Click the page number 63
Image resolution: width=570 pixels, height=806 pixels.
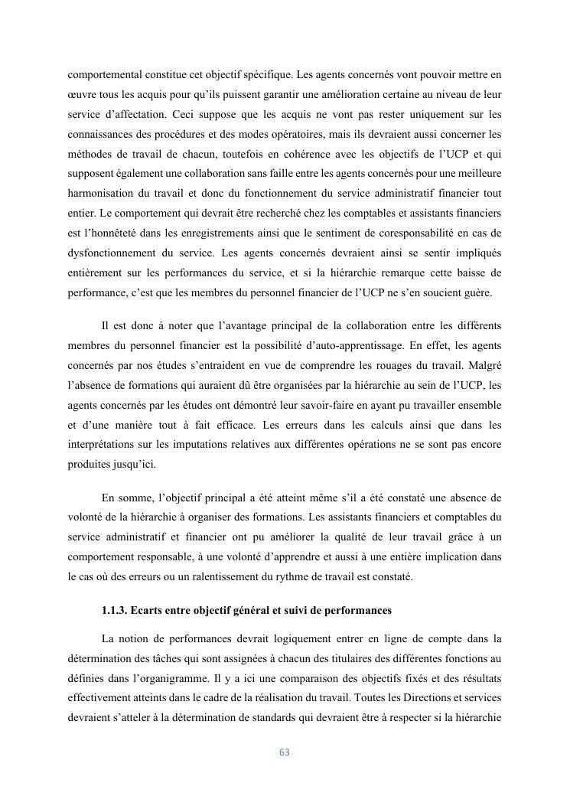click(x=285, y=752)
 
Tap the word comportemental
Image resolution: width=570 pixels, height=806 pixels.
click(x=105, y=75)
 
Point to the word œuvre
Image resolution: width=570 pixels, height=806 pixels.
click(x=82, y=95)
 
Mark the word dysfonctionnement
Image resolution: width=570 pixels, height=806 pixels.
click(x=116, y=253)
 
